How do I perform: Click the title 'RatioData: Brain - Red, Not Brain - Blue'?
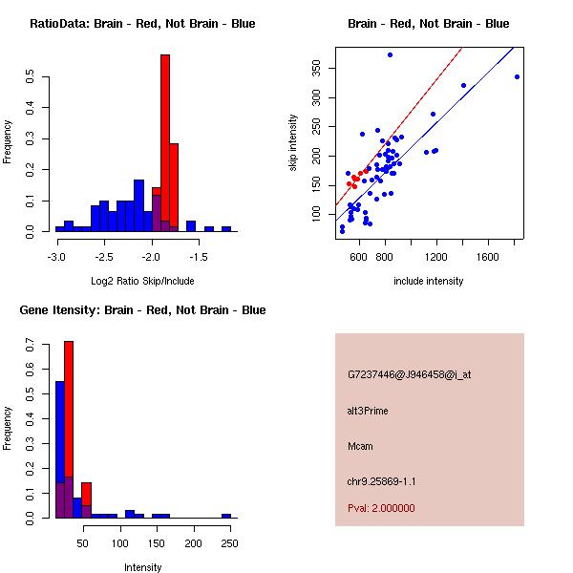142,24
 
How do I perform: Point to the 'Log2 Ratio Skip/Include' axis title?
142,282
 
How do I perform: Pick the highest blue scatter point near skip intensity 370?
390,54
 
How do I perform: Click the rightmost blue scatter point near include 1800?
517,77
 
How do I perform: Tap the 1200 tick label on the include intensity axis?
437,257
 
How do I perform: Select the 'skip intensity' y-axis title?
293,143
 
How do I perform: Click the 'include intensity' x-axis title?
428,282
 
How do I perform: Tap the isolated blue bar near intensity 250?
226,516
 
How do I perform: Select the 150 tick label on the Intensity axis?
157,542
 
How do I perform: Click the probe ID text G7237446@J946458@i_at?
409,374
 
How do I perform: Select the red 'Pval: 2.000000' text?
381,508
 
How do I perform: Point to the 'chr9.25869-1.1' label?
381,480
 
